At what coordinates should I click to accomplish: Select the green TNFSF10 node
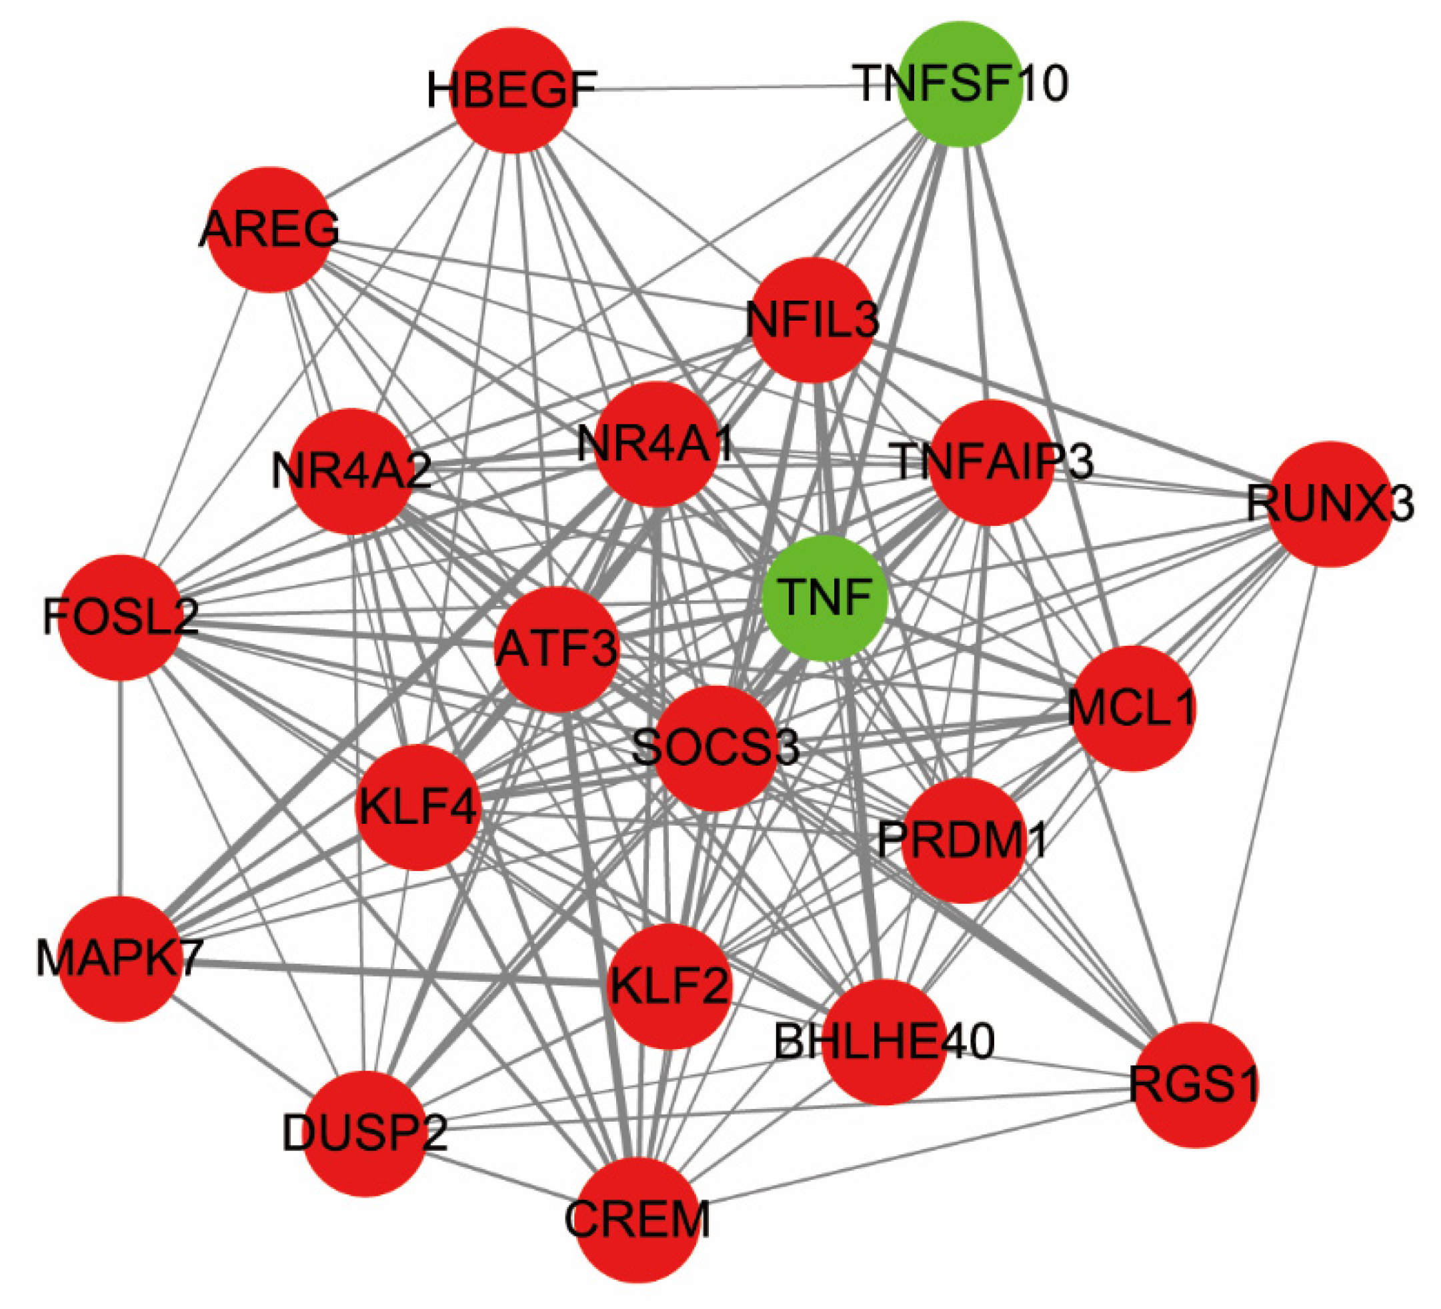[960, 83]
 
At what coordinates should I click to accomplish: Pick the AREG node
[269, 229]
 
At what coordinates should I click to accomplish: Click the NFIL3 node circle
[812, 319]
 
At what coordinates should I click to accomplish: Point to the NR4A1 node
[656, 445]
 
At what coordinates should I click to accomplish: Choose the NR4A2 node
[351, 472]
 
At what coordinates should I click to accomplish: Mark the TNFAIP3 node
[992, 463]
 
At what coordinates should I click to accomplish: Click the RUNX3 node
[1330, 504]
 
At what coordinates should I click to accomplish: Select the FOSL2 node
[120, 617]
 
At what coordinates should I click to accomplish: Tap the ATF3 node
[557, 649]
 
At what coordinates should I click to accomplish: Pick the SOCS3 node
[715, 748]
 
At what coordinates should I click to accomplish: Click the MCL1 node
[1132, 708]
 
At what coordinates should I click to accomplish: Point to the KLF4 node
[417, 807]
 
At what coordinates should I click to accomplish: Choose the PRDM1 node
[963, 840]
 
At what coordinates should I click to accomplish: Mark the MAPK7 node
[119, 959]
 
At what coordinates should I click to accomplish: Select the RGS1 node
[1194, 1084]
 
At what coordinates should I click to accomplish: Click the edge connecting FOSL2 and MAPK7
[120, 786]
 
